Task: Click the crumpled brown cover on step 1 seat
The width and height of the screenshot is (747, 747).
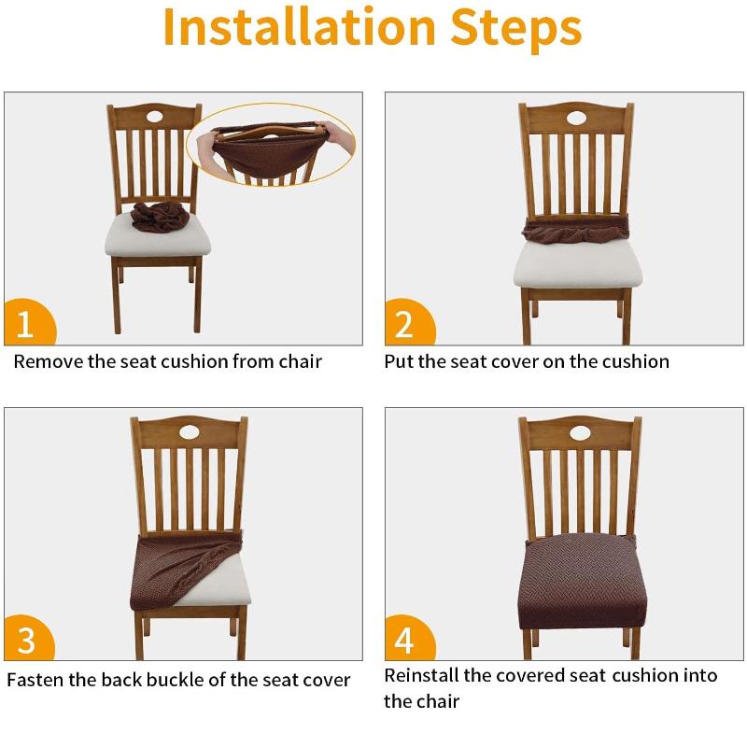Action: pyautogui.click(x=160, y=216)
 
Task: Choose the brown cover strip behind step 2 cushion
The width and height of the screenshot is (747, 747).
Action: pyautogui.click(x=576, y=230)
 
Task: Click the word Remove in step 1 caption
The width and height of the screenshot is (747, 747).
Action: pyautogui.click(x=48, y=361)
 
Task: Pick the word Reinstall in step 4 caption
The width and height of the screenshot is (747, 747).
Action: pyautogui.click(x=426, y=675)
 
